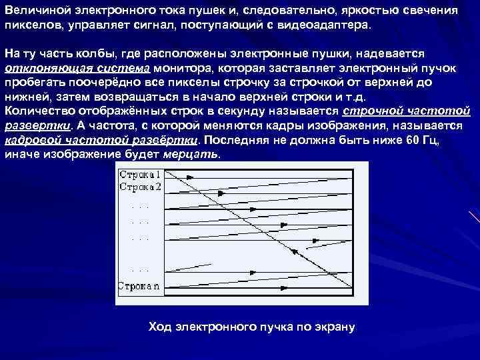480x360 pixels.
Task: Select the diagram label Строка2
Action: [x=140, y=187]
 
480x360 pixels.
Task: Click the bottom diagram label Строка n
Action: [x=139, y=287]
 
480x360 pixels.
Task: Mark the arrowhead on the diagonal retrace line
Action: [x=293, y=253]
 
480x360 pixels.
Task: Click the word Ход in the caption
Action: [x=159, y=327]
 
